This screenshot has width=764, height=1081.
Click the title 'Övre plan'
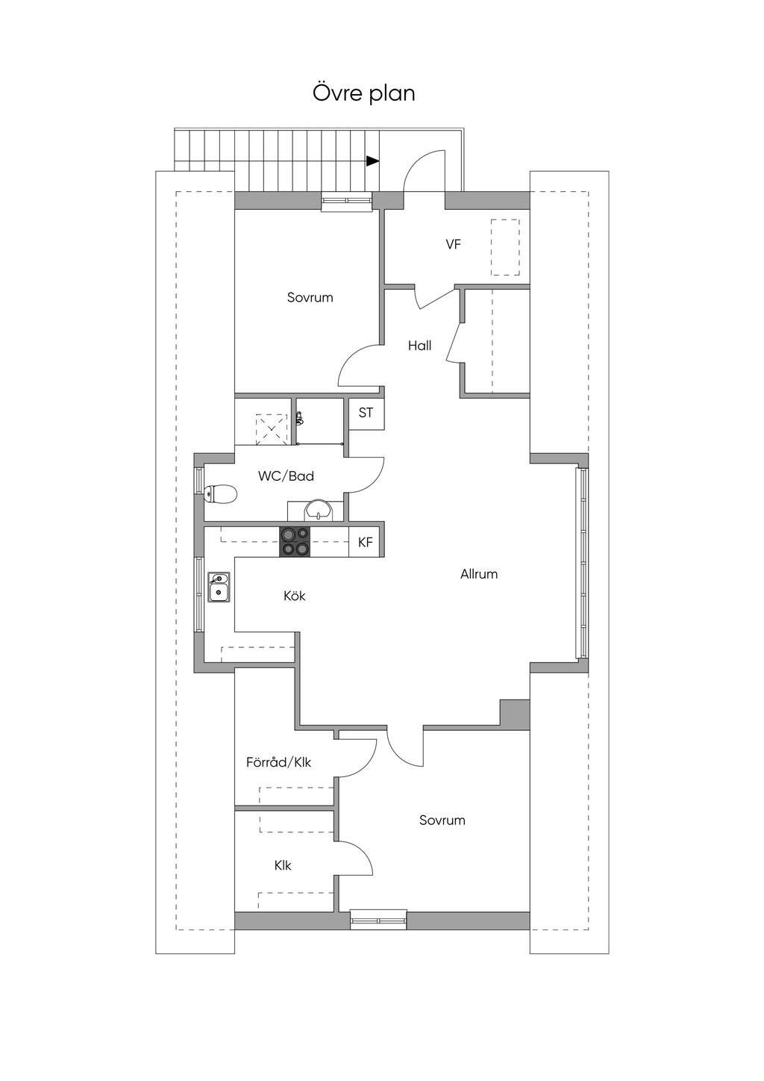click(363, 93)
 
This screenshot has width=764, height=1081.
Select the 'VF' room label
click(453, 244)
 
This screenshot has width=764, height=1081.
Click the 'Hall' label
click(419, 346)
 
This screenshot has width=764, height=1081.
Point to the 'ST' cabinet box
click(366, 413)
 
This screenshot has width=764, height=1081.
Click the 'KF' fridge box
click(365, 542)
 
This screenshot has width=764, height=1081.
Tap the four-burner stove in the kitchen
click(295, 542)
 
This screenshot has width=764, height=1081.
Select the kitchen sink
click(219, 588)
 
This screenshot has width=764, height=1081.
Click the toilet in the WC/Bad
click(220, 493)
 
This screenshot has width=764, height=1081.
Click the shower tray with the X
click(271, 429)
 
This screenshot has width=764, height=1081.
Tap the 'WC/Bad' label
click(286, 476)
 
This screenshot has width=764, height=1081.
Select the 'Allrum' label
click(478, 574)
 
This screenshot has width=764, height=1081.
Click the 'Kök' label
click(294, 596)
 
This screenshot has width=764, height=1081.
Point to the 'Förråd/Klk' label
click(278, 762)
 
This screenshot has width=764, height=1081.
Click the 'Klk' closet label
click(282, 865)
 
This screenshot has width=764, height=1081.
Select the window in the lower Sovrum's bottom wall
click(378, 920)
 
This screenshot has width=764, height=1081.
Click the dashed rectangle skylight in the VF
click(505, 247)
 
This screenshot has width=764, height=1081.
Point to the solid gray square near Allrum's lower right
click(514, 714)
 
